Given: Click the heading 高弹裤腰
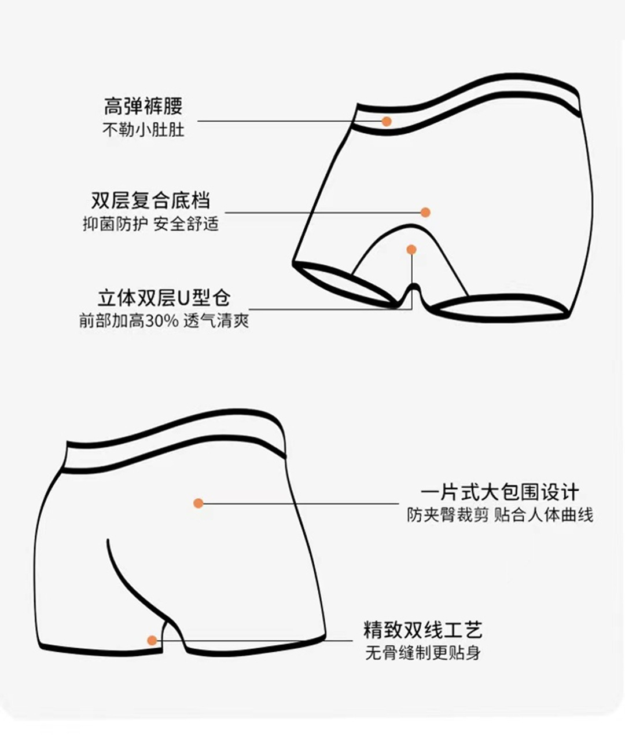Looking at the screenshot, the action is pyautogui.click(x=143, y=106).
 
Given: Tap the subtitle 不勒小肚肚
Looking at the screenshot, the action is pyautogui.click(x=144, y=130).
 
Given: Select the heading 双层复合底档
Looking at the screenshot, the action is pyautogui.click(x=150, y=200).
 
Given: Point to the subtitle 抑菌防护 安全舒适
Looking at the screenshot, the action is pyautogui.click(x=150, y=224).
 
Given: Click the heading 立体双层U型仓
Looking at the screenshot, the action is pyautogui.click(x=164, y=298).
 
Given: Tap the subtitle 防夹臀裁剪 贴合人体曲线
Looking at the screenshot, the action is pyautogui.click(x=500, y=515).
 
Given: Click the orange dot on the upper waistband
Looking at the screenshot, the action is pyautogui.click(x=387, y=122).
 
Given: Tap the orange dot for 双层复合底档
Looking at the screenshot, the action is pyautogui.click(x=425, y=213).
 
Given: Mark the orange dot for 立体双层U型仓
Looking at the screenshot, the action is pyautogui.click(x=411, y=250).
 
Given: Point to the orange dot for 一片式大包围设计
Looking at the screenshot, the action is pyautogui.click(x=198, y=503).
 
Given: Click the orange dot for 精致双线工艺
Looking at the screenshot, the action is pyautogui.click(x=152, y=641).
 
